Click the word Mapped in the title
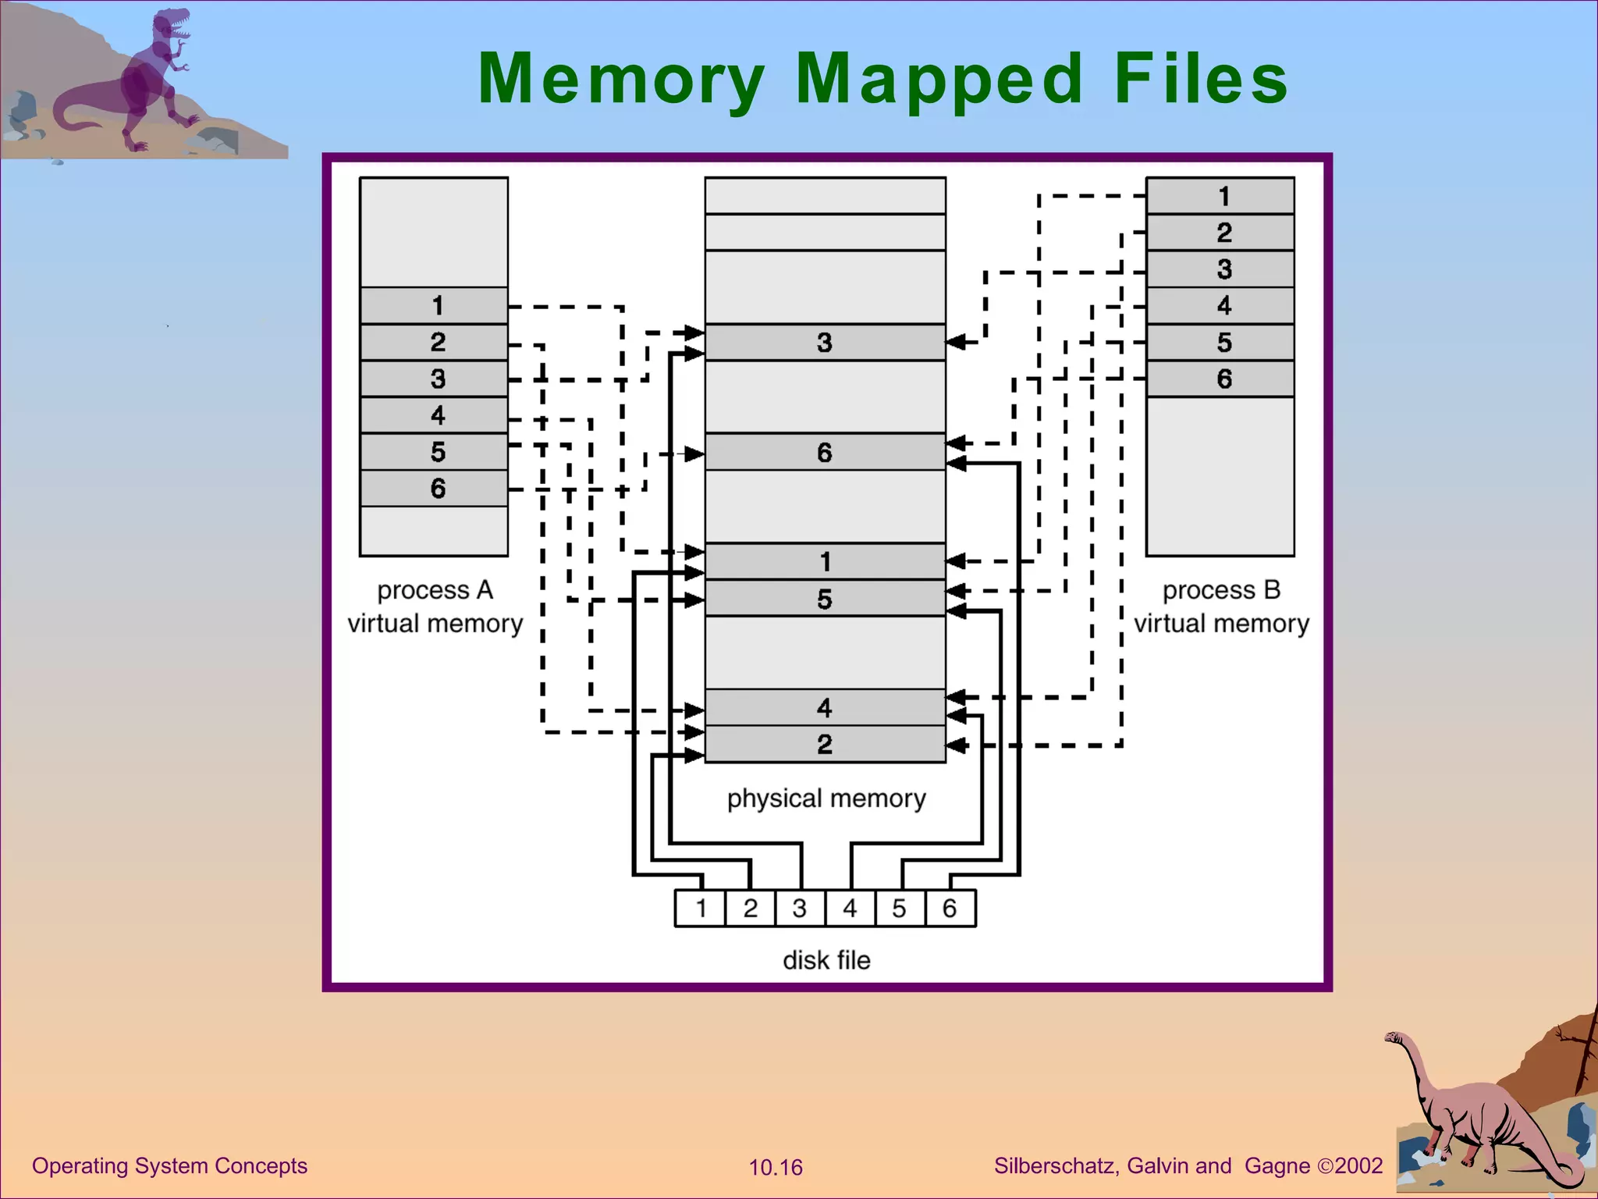tap(939, 80)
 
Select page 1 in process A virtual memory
tap(434, 305)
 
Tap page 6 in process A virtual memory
tap(434, 489)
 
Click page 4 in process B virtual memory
tap(1220, 305)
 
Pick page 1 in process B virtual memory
tap(1220, 196)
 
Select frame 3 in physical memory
tap(825, 342)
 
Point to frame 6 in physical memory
tap(825, 452)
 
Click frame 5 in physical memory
tap(825, 599)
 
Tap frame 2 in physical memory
tap(825, 745)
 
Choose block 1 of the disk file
tap(701, 909)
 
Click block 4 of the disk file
tap(850, 909)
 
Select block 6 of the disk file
tap(950, 909)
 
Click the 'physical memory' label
tap(826, 799)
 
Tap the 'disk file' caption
tap(826, 960)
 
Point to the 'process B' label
tap(1221, 590)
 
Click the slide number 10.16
tap(776, 1168)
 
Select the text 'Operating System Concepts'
tap(169, 1166)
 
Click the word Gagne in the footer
tap(1277, 1166)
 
